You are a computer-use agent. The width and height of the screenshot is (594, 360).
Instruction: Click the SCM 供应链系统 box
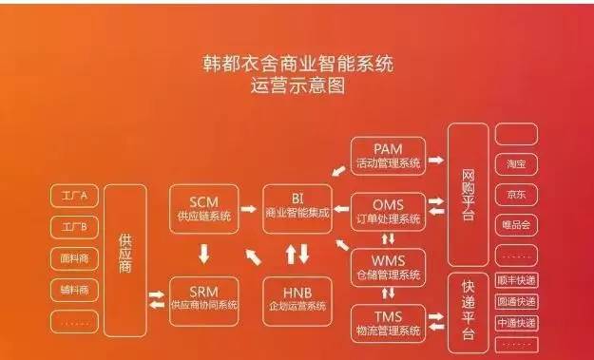(x=202, y=210)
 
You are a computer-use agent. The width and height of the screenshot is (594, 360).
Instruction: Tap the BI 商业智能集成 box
(x=297, y=210)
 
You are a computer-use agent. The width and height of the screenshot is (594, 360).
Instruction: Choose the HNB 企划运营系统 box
(x=297, y=299)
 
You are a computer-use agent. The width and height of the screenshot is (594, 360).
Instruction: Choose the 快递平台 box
(x=467, y=311)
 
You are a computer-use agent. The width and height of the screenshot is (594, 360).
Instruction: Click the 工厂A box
(x=74, y=197)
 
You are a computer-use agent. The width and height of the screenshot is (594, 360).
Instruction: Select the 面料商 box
(x=74, y=258)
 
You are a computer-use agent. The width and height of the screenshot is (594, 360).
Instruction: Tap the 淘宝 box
(x=516, y=163)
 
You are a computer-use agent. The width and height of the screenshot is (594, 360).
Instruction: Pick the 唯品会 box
(x=516, y=225)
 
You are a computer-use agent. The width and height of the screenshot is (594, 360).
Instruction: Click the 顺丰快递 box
(x=516, y=281)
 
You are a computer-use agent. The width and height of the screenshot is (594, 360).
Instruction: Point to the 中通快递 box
(x=516, y=323)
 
